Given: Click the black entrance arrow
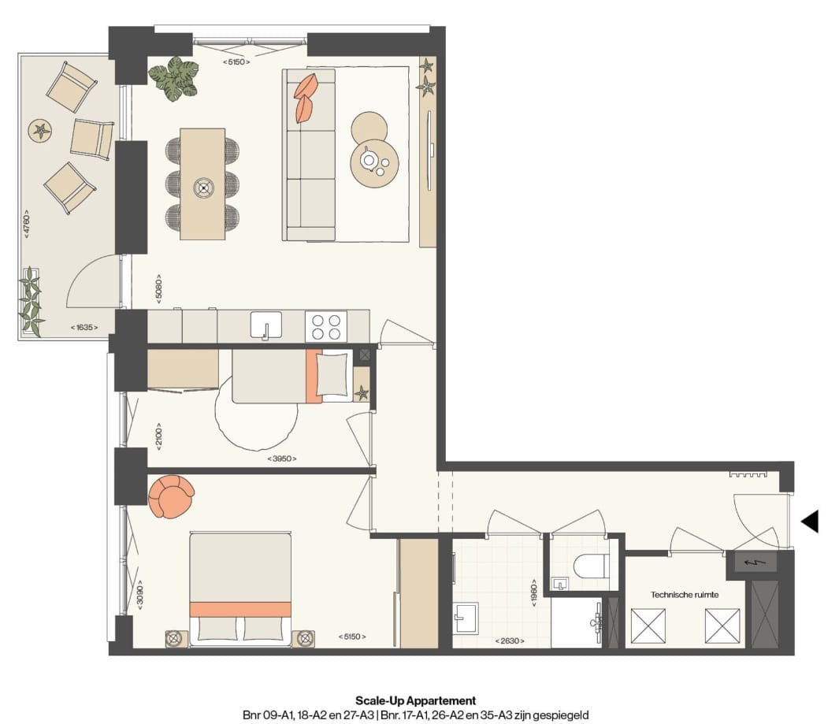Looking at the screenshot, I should click(810, 521).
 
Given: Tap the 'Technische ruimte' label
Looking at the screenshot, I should click(684, 595).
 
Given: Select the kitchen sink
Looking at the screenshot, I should click(266, 325).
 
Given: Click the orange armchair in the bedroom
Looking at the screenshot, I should click(170, 496).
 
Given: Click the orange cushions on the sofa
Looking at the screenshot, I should click(306, 98).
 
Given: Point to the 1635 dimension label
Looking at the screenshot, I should click(84, 326).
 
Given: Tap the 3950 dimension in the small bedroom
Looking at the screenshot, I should click(282, 458).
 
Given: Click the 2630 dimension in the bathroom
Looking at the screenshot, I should click(510, 640).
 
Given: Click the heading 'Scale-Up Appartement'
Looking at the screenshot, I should click(415, 700).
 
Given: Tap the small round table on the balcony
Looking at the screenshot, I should click(40, 131).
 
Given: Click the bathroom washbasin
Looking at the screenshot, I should click(466, 617).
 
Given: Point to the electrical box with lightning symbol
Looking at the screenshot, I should click(756, 562).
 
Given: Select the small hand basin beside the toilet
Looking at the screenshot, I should click(560, 584).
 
